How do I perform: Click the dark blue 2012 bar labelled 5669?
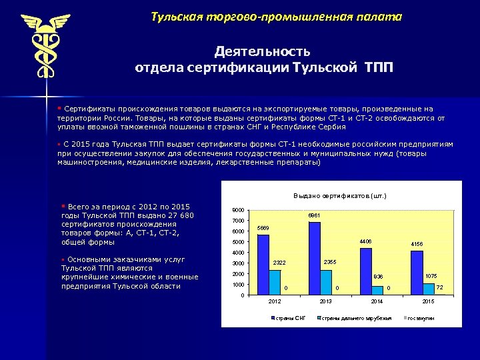click(263, 264)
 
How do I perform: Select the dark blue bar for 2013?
click(315, 258)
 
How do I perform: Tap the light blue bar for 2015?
click(429, 288)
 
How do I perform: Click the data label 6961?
click(315, 216)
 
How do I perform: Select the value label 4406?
click(365, 241)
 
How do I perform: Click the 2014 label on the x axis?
click(377, 302)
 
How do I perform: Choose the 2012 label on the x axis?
click(275, 302)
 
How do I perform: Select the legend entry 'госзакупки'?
click(421, 318)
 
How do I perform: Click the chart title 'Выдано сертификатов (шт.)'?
click(340, 195)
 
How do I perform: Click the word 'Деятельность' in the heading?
click(262, 51)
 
